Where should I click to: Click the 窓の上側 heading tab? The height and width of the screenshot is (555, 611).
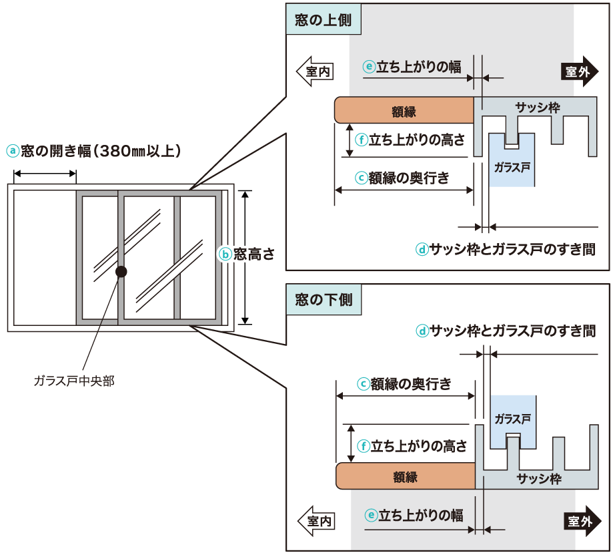(x=324, y=21)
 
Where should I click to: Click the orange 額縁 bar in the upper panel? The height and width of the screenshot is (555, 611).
(x=404, y=110)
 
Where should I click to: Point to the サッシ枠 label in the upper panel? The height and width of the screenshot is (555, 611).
(x=538, y=107)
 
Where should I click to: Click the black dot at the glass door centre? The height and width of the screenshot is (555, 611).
(x=121, y=272)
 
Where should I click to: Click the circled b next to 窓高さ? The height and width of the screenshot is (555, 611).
(x=225, y=254)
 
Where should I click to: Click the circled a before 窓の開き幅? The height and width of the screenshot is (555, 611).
(x=11, y=151)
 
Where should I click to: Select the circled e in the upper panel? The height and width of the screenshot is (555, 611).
(x=369, y=67)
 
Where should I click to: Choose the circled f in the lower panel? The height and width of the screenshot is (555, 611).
(x=364, y=446)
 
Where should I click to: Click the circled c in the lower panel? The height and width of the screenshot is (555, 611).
(x=364, y=384)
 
